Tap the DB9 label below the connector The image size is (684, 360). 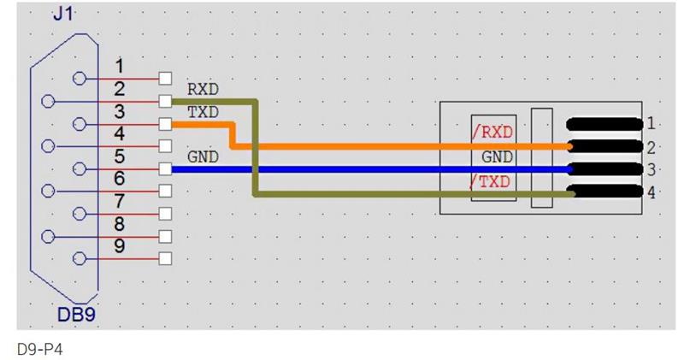76,316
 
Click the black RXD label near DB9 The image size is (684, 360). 203,88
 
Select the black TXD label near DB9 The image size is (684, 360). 203,112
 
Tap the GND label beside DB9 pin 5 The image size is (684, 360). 203,157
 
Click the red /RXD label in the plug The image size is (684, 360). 491,133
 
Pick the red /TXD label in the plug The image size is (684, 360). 491,181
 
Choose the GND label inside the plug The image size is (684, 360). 497,157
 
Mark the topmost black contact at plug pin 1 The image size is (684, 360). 604,124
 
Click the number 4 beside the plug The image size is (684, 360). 652,193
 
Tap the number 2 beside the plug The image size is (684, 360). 652,147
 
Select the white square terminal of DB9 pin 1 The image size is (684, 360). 165,79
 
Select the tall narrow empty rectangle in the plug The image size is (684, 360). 541,158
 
